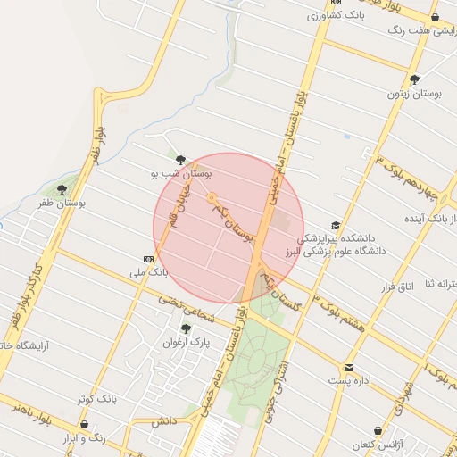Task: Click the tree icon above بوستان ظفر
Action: tap(62, 188)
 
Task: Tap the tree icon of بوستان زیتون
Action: tap(415, 78)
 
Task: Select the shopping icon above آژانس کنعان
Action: tap(378, 429)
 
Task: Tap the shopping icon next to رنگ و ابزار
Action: tap(84, 425)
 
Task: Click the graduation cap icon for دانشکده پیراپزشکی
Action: tap(336, 226)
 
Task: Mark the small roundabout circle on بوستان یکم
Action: tap(212, 197)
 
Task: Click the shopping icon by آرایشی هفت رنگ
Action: tap(435, 17)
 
